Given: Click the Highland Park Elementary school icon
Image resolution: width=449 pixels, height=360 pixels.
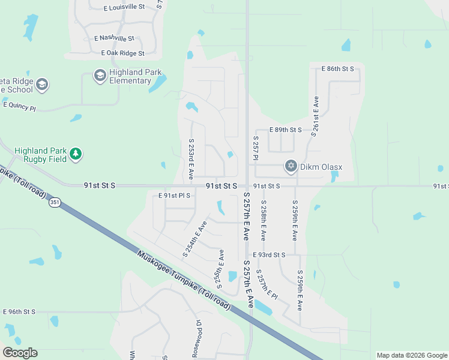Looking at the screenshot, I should (x=100, y=76).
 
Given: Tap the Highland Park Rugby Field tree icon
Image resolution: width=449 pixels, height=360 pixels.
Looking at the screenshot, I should (x=76, y=155).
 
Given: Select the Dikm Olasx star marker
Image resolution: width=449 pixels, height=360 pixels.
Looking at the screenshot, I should (x=291, y=166).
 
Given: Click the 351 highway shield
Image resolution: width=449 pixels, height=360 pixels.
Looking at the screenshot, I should (x=55, y=202).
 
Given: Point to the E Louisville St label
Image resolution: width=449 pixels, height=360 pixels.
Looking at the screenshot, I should (x=124, y=7).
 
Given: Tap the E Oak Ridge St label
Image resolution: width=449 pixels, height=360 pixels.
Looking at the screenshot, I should (x=122, y=53).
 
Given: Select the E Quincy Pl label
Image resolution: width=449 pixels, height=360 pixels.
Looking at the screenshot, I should (x=20, y=106).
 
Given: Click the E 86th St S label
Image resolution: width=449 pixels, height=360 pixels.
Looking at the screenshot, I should (x=339, y=69).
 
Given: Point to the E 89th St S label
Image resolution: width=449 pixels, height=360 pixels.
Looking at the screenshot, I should (x=286, y=130).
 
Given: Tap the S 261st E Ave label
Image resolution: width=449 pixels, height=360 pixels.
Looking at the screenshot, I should (x=314, y=116).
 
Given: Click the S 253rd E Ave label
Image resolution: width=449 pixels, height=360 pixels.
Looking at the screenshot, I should (x=191, y=159).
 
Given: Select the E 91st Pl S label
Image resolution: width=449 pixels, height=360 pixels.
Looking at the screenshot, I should (x=174, y=196).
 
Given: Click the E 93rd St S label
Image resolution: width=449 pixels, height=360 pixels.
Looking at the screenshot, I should (x=269, y=255).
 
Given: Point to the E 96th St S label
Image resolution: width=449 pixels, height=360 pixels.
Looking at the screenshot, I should (x=20, y=312).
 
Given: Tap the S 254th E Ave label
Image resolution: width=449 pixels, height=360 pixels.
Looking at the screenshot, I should (x=194, y=239).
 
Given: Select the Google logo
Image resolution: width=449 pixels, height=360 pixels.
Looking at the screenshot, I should (x=20, y=353).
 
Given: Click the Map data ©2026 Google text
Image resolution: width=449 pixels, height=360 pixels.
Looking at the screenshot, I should (x=411, y=355).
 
